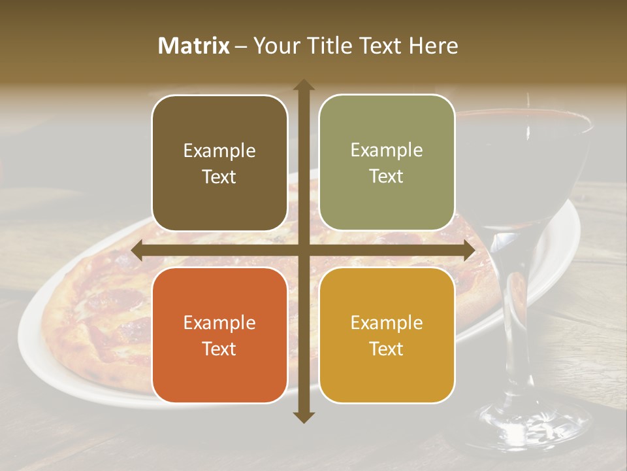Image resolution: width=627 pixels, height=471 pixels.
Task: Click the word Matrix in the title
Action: [x=194, y=46]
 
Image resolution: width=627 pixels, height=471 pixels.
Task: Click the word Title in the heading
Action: [x=336, y=46]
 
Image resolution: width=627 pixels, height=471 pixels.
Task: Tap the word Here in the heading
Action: [x=434, y=46]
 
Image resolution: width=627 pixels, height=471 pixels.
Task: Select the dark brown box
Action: [x=219, y=163]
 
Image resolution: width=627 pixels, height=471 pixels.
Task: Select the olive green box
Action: [x=387, y=163]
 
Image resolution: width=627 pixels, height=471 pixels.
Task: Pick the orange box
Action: [x=219, y=335]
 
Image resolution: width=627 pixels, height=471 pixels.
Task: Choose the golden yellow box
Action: [x=387, y=335]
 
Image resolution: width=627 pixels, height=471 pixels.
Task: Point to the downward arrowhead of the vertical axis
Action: [x=304, y=417]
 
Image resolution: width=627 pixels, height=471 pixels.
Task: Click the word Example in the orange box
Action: [x=219, y=323]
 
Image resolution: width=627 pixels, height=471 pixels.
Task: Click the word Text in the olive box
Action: [x=387, y=177]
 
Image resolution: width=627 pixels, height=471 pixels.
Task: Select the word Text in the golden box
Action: [x=387, y=349]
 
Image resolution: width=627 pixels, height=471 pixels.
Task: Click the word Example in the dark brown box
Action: [x=219, y=150]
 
